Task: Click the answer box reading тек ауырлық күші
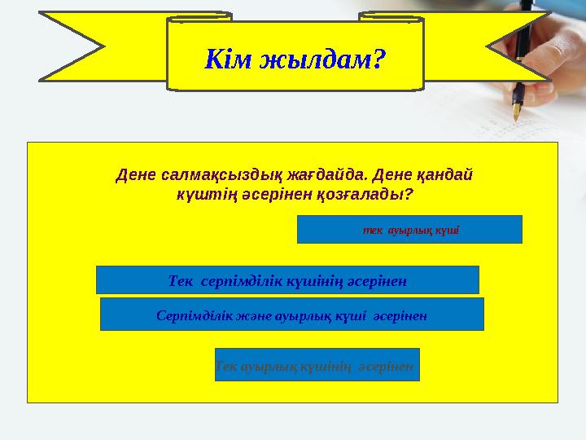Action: [409, 230]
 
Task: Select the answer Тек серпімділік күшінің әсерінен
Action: [287, 280]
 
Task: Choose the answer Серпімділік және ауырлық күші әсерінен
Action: [291, 314]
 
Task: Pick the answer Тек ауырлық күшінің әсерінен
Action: [317, 365]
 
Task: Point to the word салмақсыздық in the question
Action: [208, 174]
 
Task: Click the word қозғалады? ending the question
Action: [373, 196]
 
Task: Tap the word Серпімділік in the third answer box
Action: [193, 314]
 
